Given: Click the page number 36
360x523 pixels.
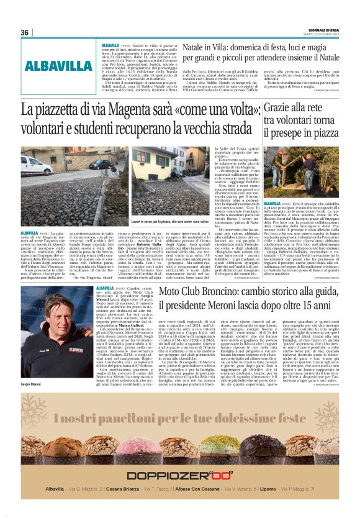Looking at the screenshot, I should (25, 33).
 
